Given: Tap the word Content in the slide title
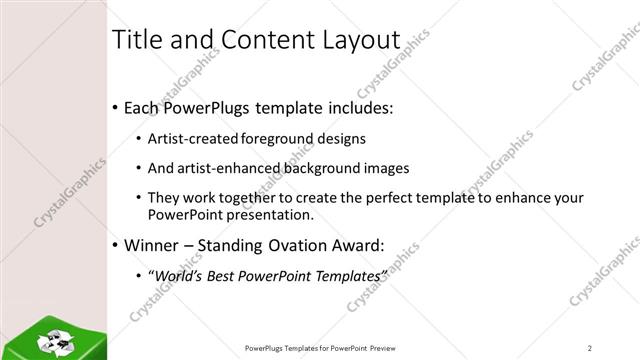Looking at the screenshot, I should pos(261,40).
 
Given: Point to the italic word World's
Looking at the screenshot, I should pos(176,273).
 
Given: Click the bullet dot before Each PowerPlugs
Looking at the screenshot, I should pos(116,106).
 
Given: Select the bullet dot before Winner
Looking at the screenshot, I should pos(116,243).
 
